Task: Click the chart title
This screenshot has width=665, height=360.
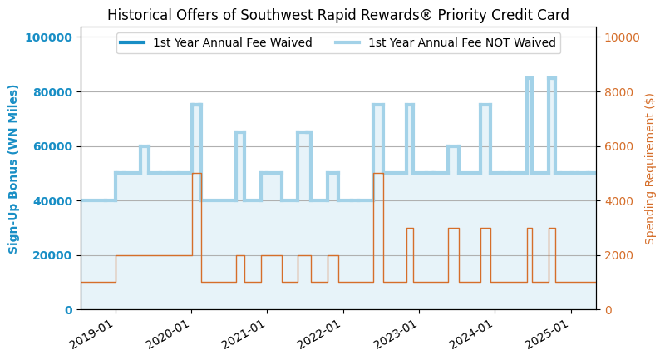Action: (338, 15)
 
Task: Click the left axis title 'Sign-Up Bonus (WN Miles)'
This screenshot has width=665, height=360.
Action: (14, 169)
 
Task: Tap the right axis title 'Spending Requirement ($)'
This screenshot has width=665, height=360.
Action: (650, 169)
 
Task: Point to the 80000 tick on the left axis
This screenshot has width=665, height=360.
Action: (55, 92)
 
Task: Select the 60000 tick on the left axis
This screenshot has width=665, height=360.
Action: (55, 146)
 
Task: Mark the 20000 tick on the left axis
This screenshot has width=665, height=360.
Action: (55, 255)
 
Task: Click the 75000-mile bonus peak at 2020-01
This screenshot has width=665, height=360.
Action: (196, 106)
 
